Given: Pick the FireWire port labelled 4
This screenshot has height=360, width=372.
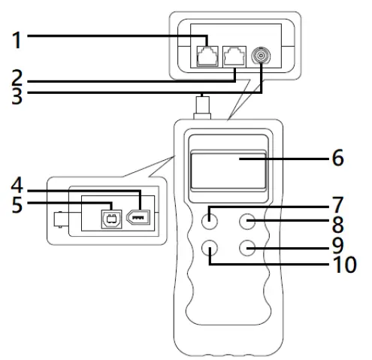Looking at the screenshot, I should click(141, 219).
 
